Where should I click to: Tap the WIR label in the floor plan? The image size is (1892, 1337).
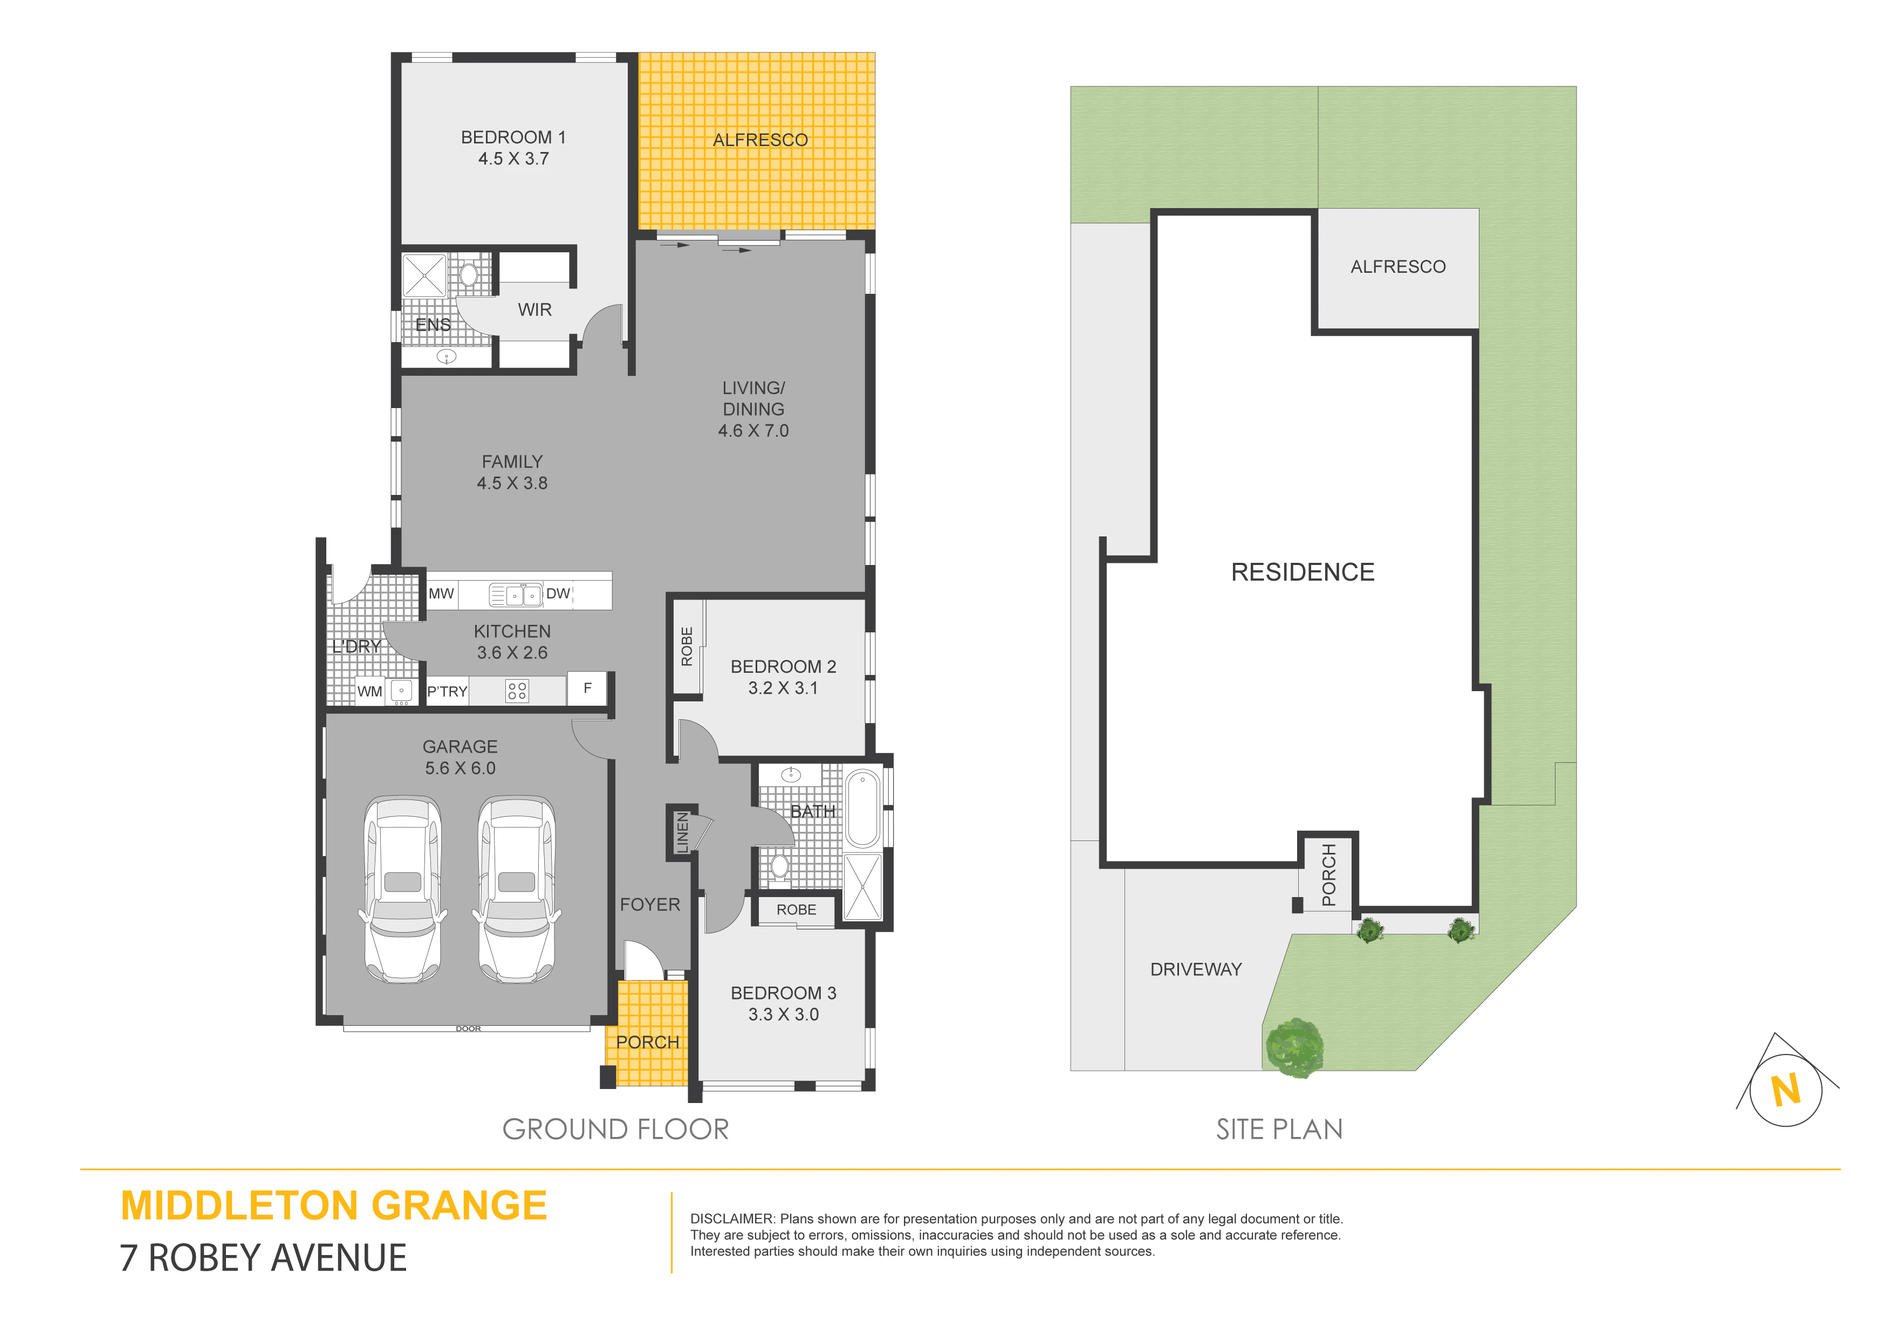(535, 310)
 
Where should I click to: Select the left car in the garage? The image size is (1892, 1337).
(403, 890)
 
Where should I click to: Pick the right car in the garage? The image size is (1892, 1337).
(517, 890)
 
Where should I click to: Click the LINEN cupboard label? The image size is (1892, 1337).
(682, 832)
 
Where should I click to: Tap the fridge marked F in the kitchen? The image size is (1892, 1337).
(587, 688)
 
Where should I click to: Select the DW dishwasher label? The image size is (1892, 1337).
(558, 593)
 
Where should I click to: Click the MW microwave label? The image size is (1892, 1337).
(441, 593)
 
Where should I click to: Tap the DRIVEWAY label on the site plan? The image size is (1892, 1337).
(1196, 969)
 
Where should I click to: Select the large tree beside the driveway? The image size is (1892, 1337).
(1294, 1048)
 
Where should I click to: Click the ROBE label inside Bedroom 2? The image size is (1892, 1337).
(687, 647)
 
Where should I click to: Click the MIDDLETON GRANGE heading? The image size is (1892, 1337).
(334, 1205)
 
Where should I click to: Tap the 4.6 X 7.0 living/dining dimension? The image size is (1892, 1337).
(753, 430)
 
